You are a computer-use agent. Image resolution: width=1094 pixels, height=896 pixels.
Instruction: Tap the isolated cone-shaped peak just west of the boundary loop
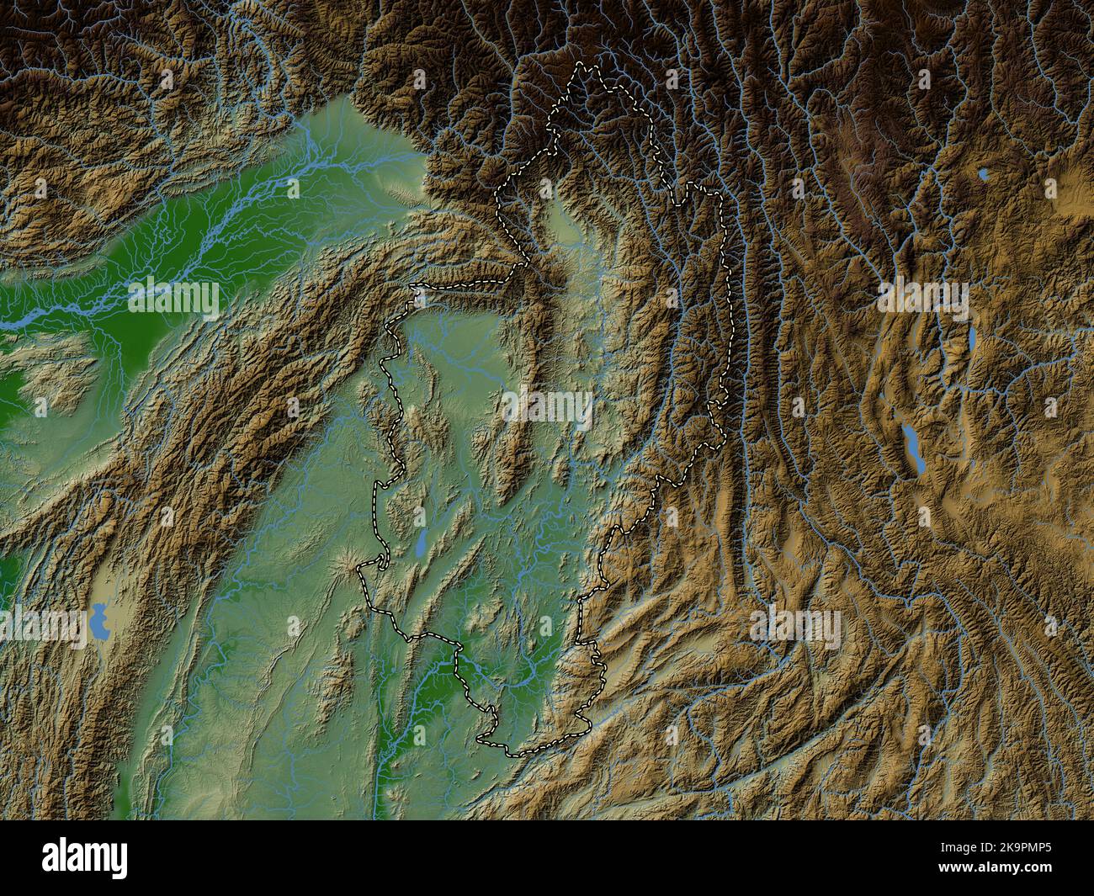[346, 559]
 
